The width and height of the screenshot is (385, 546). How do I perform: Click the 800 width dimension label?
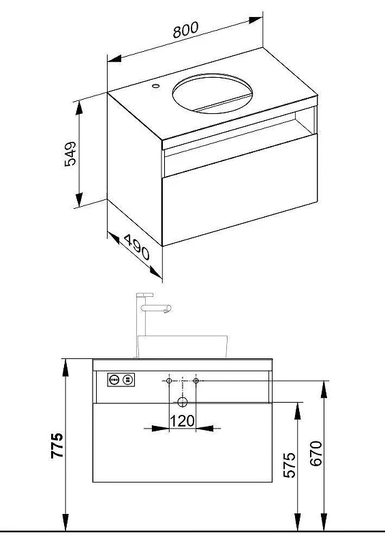click(x=186, y=30)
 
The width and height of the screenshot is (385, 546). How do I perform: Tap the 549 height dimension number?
click(x=70, y=154)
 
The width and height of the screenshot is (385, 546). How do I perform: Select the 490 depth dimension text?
click(x=137, y=247)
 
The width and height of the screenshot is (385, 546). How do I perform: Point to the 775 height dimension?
click(x=57, y=446)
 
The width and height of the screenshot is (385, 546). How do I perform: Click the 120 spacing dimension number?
click(x=182, y=421)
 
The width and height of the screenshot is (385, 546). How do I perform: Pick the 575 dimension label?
click(x=290, y=465)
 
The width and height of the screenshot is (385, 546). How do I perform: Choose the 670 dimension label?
click(x=316, y=453)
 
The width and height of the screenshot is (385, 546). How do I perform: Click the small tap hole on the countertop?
click(x=155, y=85)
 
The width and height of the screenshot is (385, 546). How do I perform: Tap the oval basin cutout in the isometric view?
click(x=212, y=94)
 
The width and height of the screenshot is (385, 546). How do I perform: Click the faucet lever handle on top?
click(x=144, y=295)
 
